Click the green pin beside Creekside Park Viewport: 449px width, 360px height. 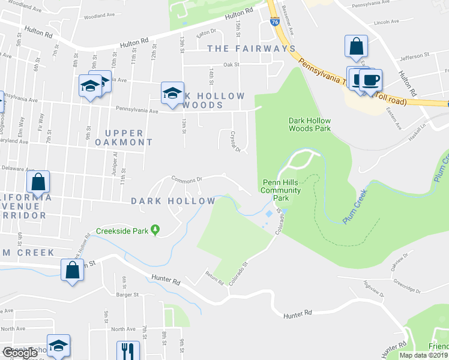coord(155,230)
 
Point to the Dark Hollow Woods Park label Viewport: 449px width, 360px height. coord(310,124)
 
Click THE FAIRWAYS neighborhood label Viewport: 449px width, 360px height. coord(252,48)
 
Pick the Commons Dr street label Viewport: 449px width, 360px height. coord(186,178)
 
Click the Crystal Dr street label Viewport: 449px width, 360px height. coord(236,142)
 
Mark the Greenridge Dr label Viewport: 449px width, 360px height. coord(407,290)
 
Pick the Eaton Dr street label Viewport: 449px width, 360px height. coord(205,33)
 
